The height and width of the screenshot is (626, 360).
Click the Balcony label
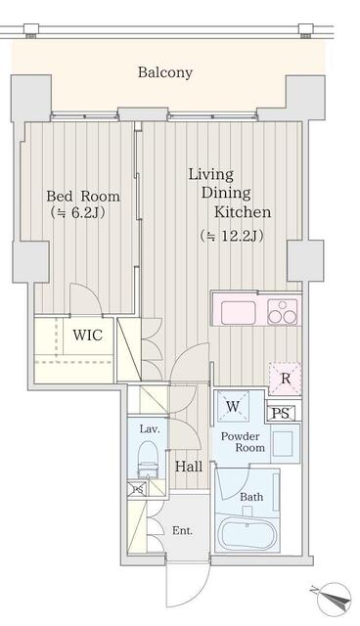164,72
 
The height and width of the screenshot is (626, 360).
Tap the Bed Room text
83,196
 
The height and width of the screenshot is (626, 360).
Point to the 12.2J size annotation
232,236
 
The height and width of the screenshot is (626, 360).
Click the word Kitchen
243,211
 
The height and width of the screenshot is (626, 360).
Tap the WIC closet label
87,335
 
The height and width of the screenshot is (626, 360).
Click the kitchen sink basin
239,313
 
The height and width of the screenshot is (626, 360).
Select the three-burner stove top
283,312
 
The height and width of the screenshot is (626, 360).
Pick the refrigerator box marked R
285,379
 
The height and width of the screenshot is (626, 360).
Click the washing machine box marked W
233,407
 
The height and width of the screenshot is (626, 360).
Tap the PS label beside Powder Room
282,413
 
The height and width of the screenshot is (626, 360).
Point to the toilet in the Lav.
148,460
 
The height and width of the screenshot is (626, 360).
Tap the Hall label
189,467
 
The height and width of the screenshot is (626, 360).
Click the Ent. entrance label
182,530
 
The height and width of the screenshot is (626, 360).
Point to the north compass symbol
335,598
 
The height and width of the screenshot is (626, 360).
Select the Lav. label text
150,429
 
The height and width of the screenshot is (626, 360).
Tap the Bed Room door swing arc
90,291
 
